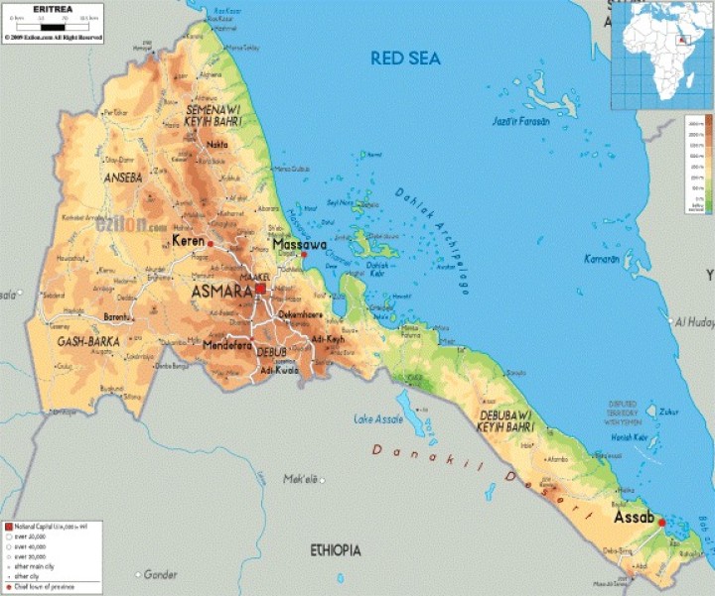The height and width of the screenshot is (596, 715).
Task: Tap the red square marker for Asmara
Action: click(260, 289)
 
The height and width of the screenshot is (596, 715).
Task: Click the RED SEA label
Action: click(405, 59)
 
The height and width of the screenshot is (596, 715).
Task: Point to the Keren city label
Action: click(188, 241)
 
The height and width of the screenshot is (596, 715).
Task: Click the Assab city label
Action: click(634, 518)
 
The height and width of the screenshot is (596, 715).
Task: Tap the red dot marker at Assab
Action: click(662, 522)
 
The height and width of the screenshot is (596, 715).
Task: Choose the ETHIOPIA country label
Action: click(335, 549)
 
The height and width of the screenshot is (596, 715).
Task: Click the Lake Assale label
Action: click(378, 419)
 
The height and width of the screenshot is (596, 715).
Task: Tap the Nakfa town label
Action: click(216, 144)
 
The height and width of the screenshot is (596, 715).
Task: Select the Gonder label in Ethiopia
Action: click(161, 574)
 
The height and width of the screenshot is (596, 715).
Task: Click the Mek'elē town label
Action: click(300, 479)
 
